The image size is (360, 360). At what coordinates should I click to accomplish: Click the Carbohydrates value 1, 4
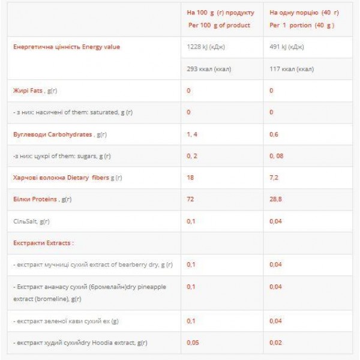click(192, 134)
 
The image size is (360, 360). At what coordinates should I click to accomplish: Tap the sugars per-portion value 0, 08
click(276, 155)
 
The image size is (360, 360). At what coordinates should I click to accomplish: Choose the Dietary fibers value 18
click(190, 178)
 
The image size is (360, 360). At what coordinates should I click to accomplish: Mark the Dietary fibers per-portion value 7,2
click(275, 178)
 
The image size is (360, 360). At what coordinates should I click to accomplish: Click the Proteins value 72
click(190, 199)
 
